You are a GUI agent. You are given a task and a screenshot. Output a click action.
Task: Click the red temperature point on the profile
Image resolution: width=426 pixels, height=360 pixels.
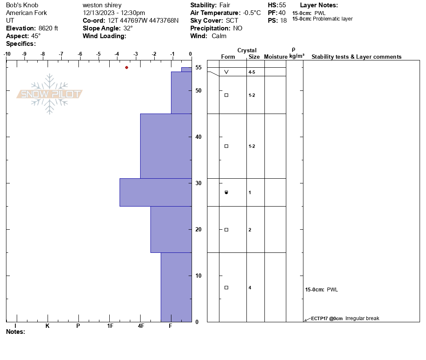pos(126,67)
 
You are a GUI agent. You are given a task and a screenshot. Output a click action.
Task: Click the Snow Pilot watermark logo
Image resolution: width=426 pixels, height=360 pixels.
pos(50,94)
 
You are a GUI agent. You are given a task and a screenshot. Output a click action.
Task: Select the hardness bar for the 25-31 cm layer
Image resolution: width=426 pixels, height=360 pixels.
pos(156,192)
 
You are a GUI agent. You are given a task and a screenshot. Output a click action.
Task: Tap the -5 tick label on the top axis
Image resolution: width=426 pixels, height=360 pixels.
pos(99,54)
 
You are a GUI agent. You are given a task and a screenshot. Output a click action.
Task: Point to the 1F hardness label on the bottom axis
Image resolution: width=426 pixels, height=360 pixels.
pos(110,326)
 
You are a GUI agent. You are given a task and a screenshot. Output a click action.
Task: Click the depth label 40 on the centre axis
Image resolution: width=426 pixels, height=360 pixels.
pos(198,137)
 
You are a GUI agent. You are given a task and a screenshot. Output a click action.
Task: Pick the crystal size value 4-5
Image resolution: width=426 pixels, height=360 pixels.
pos(252,72)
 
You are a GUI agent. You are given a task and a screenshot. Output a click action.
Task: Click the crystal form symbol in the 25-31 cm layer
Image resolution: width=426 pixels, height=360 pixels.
pos(226,192)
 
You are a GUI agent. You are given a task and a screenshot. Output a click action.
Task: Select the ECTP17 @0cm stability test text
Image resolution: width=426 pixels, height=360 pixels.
pos(327,318)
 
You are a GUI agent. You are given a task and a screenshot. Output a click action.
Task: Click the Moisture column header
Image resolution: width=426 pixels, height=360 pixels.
pos(276,57)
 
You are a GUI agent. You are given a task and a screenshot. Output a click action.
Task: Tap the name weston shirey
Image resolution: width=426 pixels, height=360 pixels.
pos(102,5)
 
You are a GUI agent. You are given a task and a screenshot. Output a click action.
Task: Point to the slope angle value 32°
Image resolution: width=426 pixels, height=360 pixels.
pos(125,28)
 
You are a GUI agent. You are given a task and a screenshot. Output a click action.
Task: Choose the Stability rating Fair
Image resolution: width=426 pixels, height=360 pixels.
pos(226,5)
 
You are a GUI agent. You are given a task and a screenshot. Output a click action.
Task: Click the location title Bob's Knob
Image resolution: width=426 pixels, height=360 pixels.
pos(22,5)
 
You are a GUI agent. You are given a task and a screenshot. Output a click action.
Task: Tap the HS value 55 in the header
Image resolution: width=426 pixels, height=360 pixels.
pos(282,5)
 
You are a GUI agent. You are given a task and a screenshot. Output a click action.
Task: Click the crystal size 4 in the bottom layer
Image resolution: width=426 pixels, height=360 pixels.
pos(250,288)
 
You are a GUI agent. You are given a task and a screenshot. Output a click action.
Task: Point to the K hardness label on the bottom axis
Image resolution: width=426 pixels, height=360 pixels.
pos(47,326)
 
